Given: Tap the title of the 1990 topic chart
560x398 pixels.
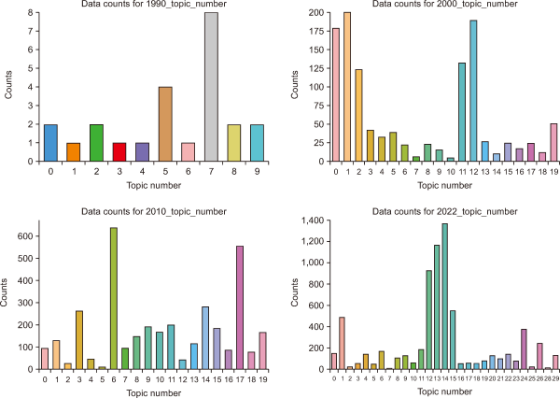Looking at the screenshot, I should click(x=142, y=6).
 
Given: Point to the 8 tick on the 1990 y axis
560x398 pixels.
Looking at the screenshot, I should click(x=32, y=13).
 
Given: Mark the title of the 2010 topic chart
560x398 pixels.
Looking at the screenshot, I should click(x=142, y=213).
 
